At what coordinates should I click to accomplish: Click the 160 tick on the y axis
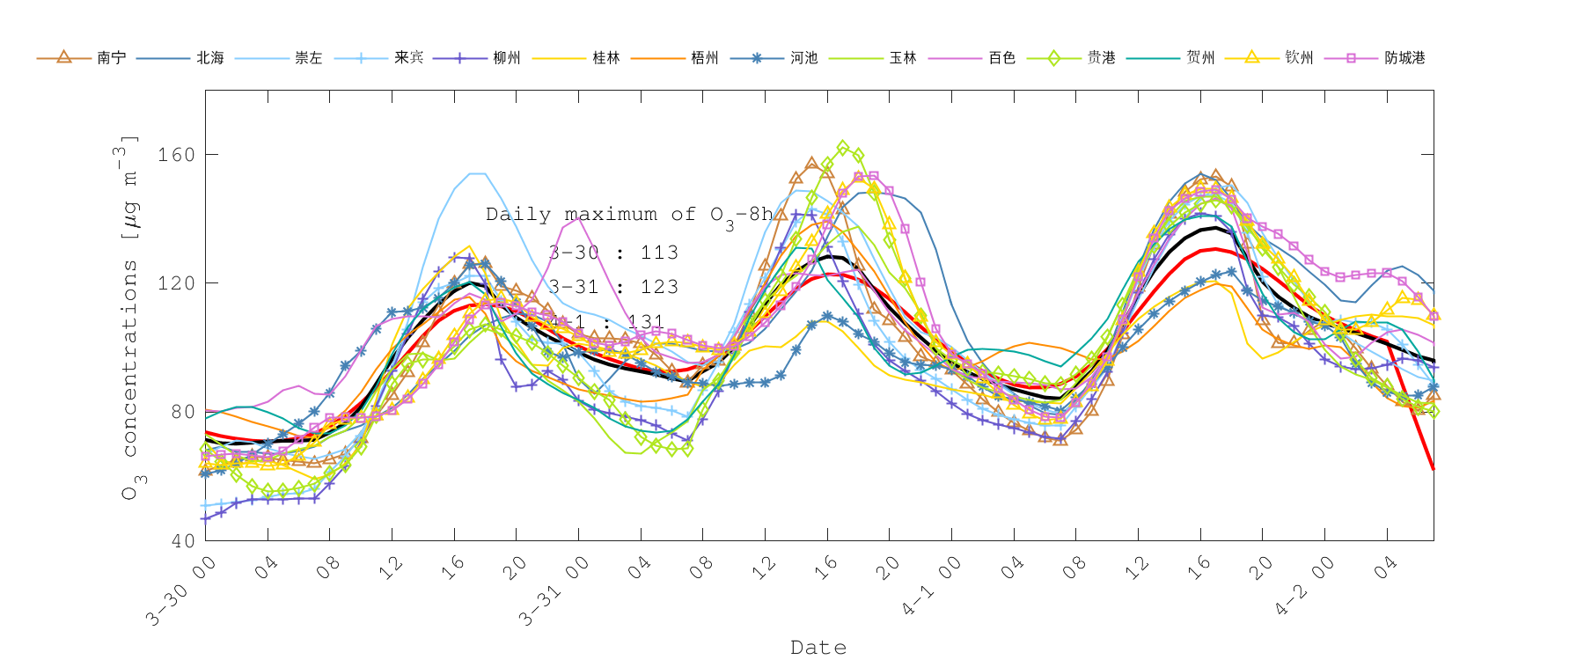click(176, 155)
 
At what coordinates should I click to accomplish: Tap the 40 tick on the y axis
click(182, 540)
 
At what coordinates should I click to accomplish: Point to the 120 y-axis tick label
click(176, 283)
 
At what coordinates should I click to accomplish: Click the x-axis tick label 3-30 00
click(180, 591)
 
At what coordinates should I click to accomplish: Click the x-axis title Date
click(818, 648)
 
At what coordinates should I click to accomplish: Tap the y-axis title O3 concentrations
click(129, 317)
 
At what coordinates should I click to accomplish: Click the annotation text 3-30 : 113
click(613, 253)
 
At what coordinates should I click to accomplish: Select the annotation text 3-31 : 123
click(613, 287)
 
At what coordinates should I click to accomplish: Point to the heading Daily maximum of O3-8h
click(628, 215)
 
